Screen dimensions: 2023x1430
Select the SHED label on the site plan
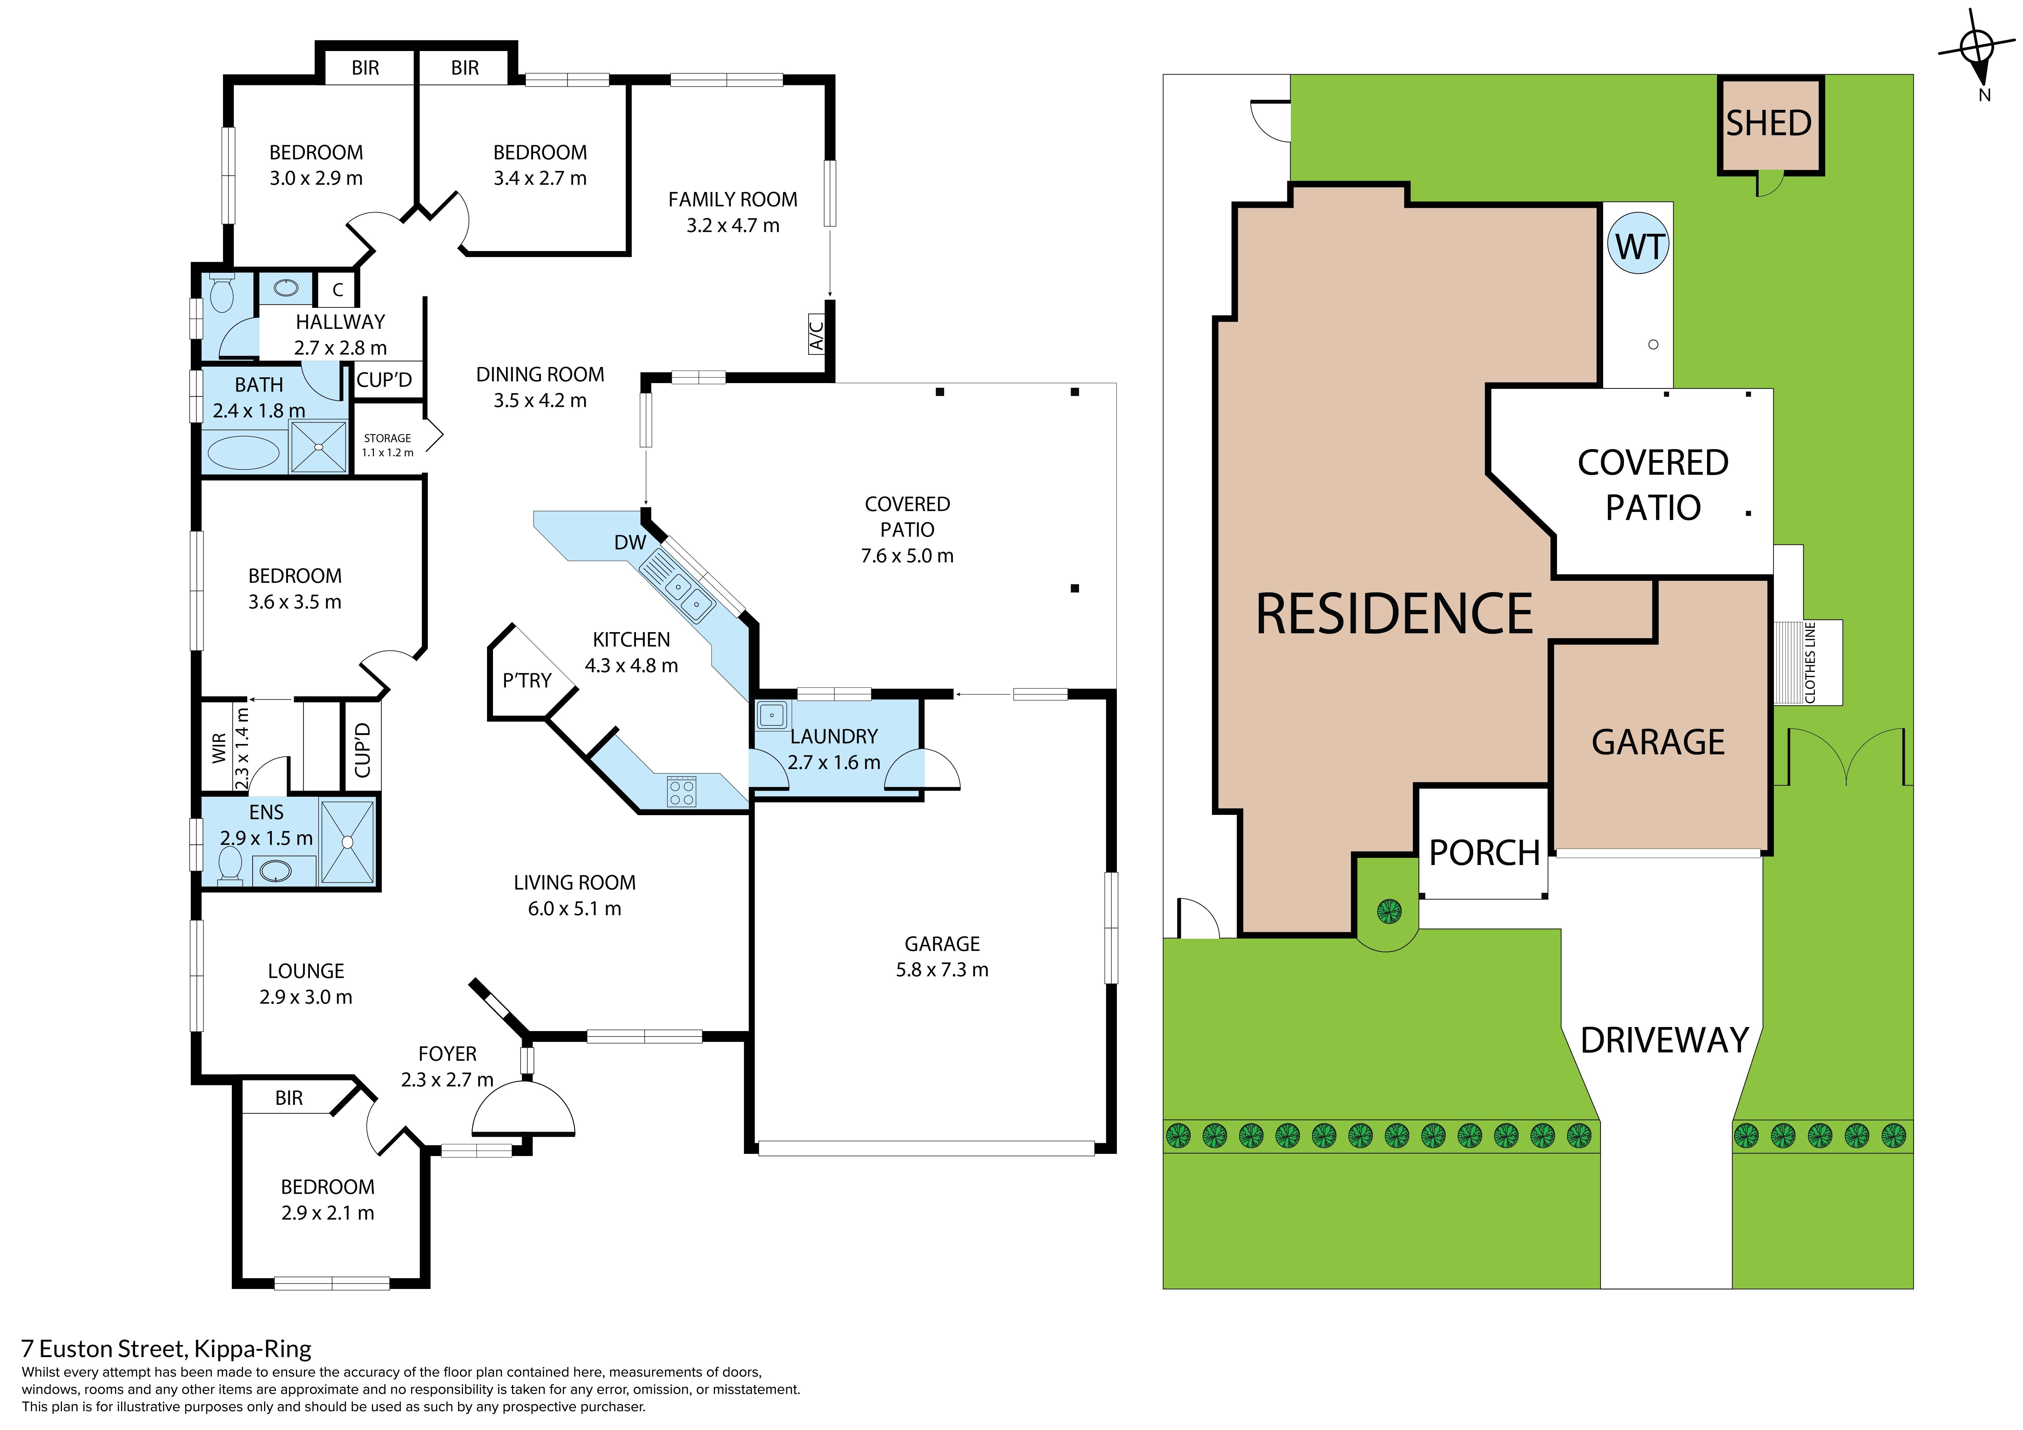[x=1768, y=123]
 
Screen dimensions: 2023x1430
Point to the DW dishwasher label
[x=630, y=543]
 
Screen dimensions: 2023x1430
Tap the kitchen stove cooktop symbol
[x=681, y=791]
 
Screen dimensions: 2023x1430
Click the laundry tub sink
[x=772, y=715]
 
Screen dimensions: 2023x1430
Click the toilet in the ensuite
[x=230, y=864]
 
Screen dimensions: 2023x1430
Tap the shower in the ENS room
[x=347, y=842]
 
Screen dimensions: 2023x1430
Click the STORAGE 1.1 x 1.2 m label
[x=388, y=445]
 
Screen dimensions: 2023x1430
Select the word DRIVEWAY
[x=1664, y=1041]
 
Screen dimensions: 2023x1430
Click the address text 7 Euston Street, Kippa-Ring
[x=167, y=1349]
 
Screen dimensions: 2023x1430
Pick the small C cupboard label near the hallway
[x=338, y=289]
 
